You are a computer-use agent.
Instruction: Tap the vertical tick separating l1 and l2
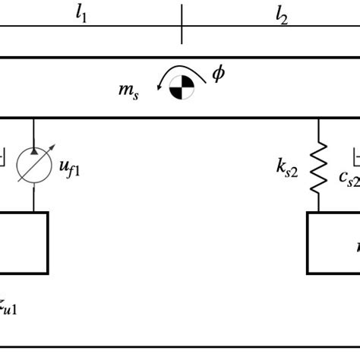[182, 24]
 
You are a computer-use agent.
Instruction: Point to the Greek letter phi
[218, 74]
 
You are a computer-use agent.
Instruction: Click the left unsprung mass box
[23, 242]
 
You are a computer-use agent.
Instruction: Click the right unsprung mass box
[334, 242]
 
